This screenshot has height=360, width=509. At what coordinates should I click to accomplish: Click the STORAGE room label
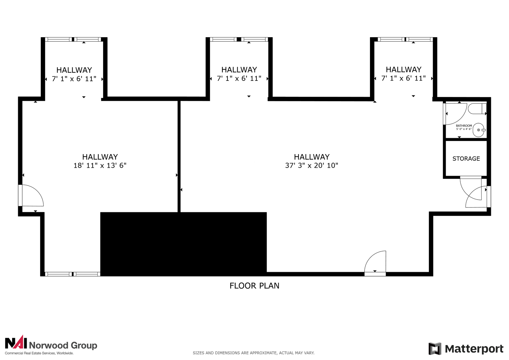[x=466, y=159]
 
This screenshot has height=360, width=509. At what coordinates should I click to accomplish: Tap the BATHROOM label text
[x=464, y=125]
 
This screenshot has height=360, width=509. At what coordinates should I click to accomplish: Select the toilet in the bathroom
[x=477, y=109]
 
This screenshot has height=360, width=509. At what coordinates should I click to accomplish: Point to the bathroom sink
[x=479, y=130]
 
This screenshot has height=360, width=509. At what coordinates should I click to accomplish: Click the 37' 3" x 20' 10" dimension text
[x=311, y=165]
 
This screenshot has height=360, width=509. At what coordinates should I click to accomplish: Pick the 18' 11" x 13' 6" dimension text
[x=100, y=165]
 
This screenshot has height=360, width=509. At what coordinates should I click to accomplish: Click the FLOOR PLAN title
[x=254, y=286]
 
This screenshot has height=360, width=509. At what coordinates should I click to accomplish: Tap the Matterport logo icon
[x=435, y=349]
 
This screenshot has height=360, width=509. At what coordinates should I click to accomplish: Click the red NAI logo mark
[x=16, y=342]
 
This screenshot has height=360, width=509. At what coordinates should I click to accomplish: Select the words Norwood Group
[x=63, y=345]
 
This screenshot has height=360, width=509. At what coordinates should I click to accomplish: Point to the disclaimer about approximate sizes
[x=254, y=353]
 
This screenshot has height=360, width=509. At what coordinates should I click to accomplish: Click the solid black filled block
[x=183, y=244]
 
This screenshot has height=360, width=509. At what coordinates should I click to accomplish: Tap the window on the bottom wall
[x=73, y=274]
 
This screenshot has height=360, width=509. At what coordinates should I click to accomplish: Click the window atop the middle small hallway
[x=239, y=39]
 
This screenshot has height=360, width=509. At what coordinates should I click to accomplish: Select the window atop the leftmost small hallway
[x=73, y=39]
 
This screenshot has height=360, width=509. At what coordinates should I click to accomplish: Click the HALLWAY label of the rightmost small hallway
[x=404, y=69]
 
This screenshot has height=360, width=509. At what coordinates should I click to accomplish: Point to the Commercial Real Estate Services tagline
[x=39, y=353]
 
